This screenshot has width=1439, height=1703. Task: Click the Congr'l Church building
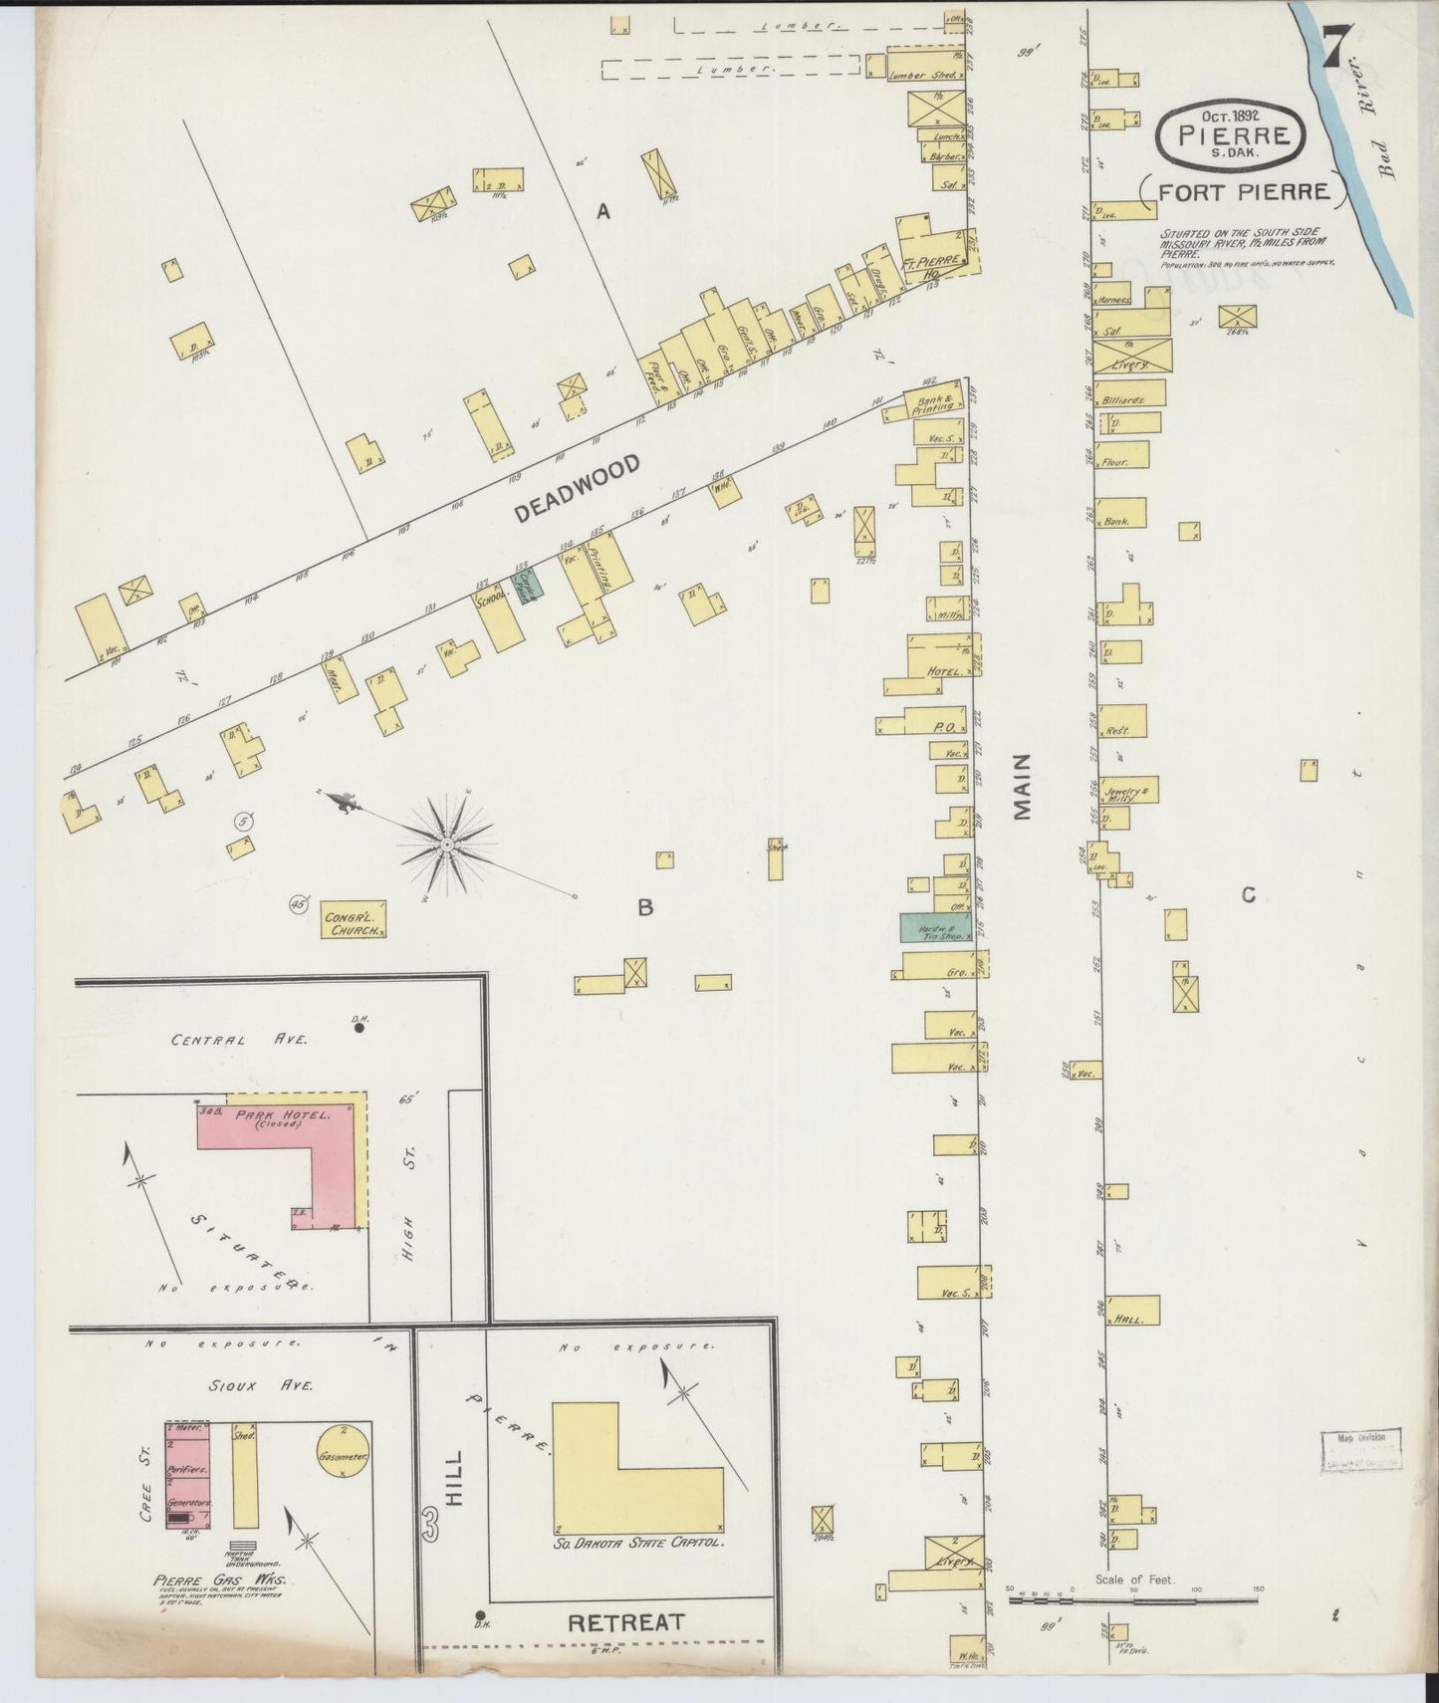(x=354, y=921)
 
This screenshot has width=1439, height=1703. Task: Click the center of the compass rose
(x=447, y=845)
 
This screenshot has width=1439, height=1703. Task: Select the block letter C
(x=1248, y=895)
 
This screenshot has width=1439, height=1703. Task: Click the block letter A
(x=601, y=211)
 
